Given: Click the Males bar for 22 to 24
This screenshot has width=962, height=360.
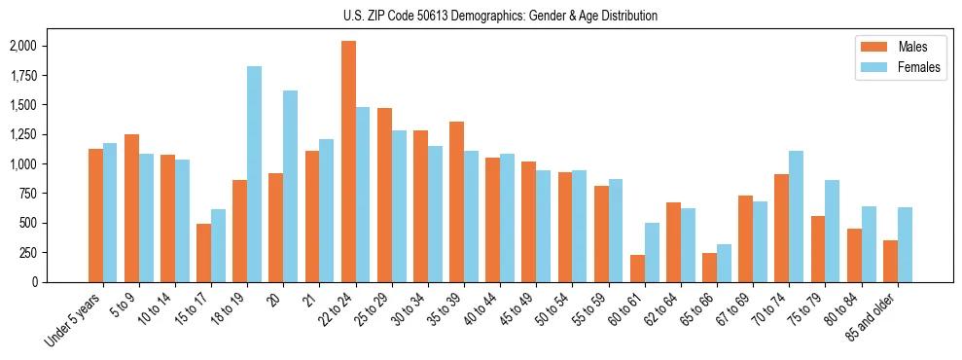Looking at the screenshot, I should (x=348, y=162).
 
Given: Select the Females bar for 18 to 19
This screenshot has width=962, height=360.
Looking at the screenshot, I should (x=254, y=174).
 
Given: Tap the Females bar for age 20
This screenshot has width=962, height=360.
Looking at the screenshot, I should (x=290, y=186).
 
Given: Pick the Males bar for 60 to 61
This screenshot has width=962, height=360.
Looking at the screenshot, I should (x=637, y=269).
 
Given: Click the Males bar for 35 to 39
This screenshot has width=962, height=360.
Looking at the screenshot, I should (x=456, y=201).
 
